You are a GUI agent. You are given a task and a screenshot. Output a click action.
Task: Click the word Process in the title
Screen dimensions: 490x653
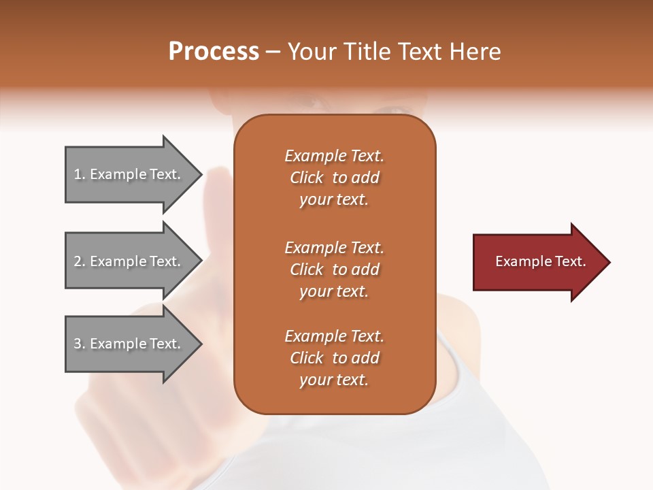(214, 52)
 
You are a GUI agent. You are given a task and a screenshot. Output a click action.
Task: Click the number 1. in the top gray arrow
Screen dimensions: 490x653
(80, 174)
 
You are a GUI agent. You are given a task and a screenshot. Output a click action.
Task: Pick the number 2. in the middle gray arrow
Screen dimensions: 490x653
(80, 261)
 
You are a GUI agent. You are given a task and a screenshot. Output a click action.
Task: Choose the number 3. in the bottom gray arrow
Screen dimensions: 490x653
(80, 344)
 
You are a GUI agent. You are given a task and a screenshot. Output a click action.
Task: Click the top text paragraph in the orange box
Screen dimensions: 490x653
(334, 178)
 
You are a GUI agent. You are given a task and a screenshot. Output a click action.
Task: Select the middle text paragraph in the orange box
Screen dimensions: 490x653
(334, 269)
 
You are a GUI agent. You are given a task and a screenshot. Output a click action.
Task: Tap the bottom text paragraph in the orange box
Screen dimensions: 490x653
(334, 358)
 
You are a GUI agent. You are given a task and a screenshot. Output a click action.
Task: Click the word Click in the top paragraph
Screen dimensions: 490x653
(307, 178)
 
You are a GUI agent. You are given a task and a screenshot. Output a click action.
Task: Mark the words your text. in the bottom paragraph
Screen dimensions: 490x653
(334, 380)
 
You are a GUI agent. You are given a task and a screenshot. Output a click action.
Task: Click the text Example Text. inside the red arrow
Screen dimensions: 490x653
(541, 261)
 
